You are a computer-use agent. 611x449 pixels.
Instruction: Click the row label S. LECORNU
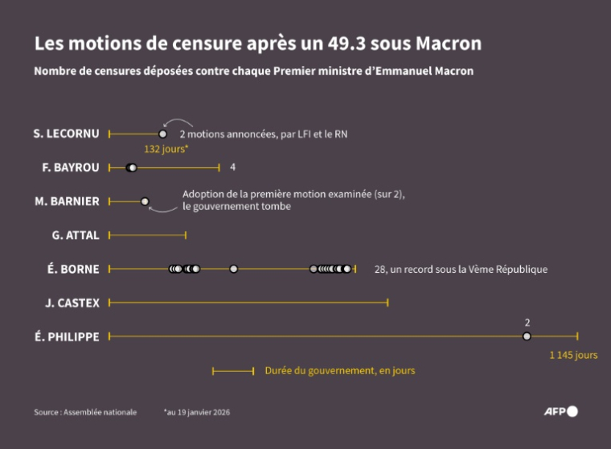click(x=67, y=134)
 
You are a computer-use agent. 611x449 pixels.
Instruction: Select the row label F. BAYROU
click(x=71, y=167)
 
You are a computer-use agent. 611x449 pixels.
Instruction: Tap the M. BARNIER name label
click(x=68, y=201)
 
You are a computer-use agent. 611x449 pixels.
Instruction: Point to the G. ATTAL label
click(x=76, y=235)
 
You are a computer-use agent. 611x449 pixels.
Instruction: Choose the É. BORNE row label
click(x=74, y=269)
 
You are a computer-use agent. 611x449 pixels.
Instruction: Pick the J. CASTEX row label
click(x=72, y=303)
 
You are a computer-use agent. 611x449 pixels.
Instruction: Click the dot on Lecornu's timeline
click(x=162, y=134)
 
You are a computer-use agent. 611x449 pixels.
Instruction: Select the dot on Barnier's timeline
click(x=145, y=201)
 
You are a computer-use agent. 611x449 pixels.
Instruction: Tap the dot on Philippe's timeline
click(x=527, y=336)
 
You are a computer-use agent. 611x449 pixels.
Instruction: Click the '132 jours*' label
click(x=166, y=150)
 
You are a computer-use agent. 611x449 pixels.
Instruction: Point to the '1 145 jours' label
click(x=573, y=355)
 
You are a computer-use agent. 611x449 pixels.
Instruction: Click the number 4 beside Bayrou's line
click(x=232, y=167)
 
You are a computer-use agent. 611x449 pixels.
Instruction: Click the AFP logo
click(x=560, y=411)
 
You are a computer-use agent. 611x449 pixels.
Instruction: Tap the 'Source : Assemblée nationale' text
click(x=85, y=412)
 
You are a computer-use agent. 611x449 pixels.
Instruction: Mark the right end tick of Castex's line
click(x=388, y=303)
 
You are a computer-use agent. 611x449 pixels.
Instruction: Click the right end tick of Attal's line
click(x=186, y=235)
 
